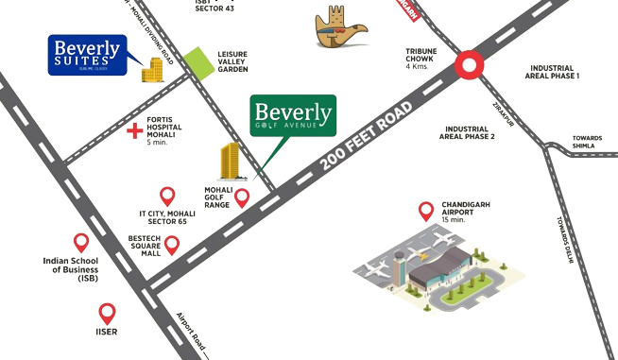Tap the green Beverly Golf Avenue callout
pos(294,117)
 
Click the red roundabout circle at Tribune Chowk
pos(469,65)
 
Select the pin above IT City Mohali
pos(166,197)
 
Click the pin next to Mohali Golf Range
pos(242,198)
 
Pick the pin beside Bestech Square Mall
pos(172,246)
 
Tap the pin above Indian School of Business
pos(81,242)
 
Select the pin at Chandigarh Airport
pos(426,210)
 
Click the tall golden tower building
pos(229,163)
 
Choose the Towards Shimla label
pos(586,144)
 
